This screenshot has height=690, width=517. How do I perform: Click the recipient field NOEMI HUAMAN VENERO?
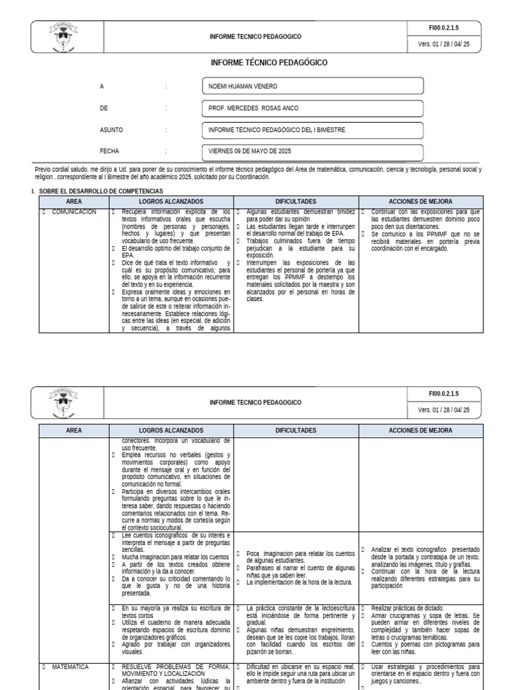coord(312,86)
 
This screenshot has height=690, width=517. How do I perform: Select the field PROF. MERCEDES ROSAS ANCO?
coord(312,108)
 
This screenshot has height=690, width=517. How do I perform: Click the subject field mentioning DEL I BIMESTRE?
coord(312,129)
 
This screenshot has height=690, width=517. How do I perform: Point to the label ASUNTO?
coord(111,129)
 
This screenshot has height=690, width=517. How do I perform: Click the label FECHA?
coord(109,151)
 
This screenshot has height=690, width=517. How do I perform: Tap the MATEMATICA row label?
coord(70,667)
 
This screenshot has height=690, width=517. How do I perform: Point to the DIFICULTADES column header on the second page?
coord(296,430)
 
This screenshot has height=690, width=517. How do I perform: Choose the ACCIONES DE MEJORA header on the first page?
coord(421,201)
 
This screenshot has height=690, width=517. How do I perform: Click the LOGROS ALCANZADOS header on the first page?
coord(170,201)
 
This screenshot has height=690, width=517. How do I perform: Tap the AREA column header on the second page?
coord(74,430)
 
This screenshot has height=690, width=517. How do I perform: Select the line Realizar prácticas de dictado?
coord(403,608)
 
